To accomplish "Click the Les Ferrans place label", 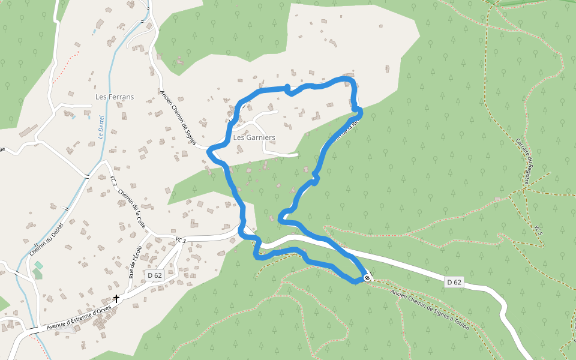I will click(115, 97).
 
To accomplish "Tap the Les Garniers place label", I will click(254, 137).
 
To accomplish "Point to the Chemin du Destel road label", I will click(47, 236).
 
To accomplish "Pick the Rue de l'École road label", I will click(136, 261).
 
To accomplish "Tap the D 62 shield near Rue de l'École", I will click(155, 275).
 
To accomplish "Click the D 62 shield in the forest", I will click(454, 281).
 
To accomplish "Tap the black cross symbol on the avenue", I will click(116, 298).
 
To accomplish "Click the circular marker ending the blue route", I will click(367, 278).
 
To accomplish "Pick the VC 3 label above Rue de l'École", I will click(181, 240).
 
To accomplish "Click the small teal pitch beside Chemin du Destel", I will click(38, 265).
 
